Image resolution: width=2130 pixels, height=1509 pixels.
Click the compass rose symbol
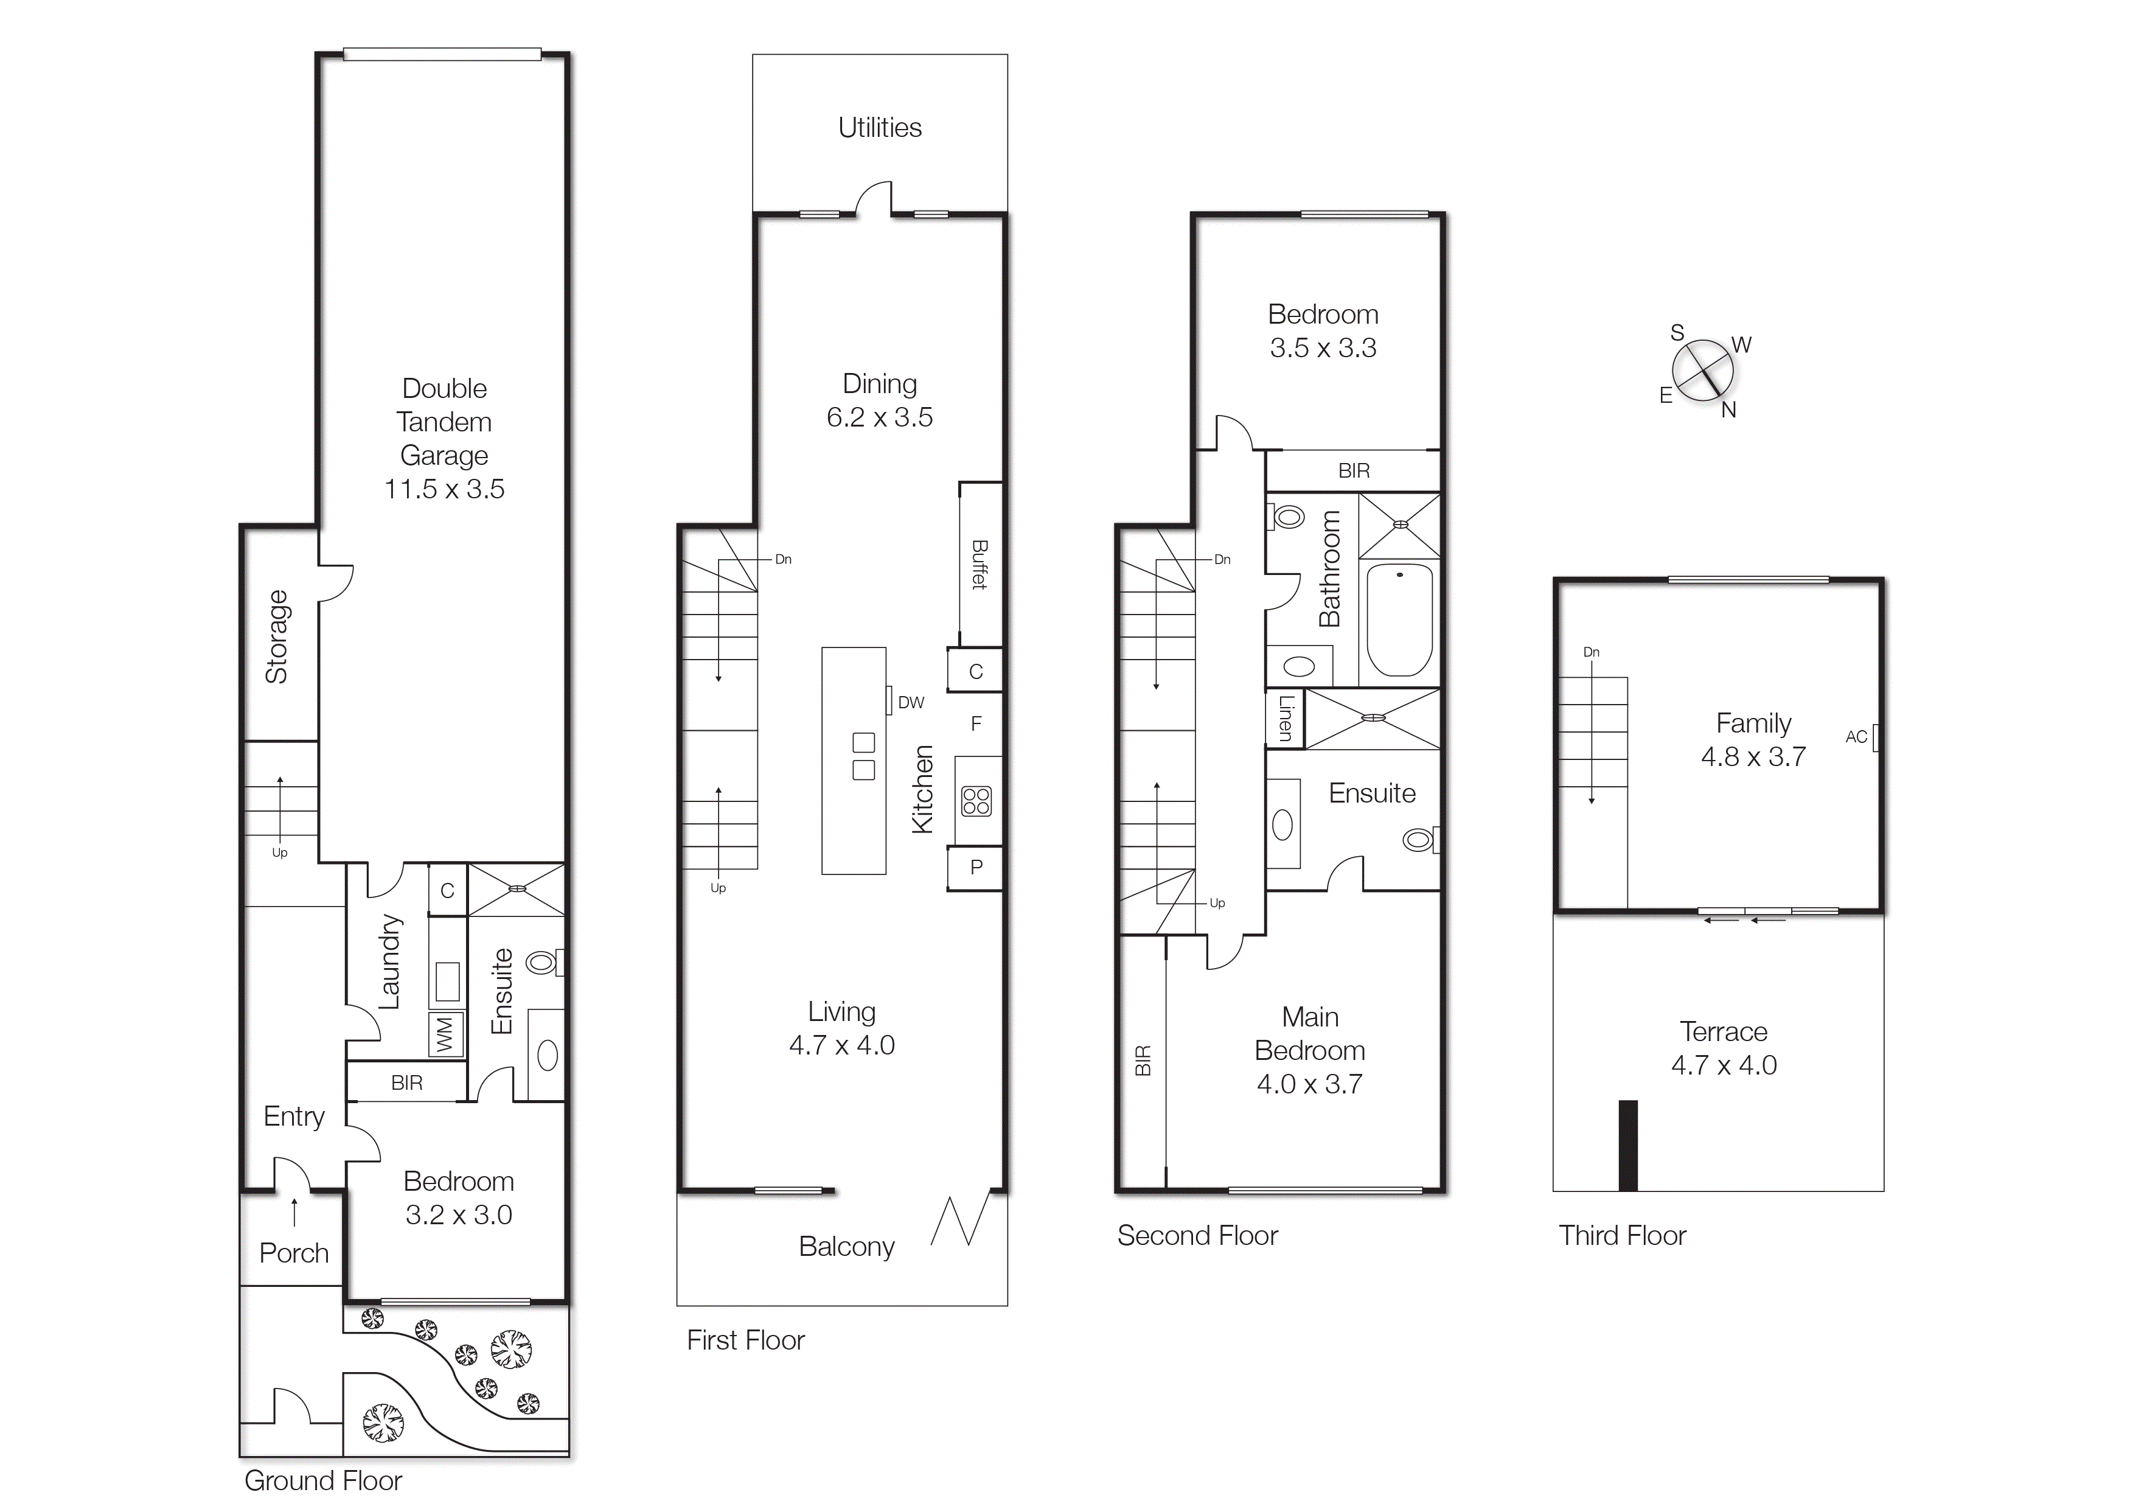pos(1703,371)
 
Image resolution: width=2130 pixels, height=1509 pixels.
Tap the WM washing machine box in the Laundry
pos(445,1034)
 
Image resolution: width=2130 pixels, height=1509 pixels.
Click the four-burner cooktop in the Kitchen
pos(976,801)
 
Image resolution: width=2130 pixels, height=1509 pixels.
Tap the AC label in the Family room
pos(1856,737)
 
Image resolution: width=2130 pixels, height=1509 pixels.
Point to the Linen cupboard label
pos(1286,718)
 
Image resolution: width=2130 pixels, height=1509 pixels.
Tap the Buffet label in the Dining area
pos(979,564)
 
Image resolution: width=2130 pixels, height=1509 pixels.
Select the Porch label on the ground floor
pos(293,1253)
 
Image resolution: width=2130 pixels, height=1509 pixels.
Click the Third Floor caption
pos(1622,1235)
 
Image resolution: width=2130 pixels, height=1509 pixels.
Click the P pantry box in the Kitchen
pos(975,867)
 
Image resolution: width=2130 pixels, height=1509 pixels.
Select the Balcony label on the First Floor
pos(846,1246)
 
